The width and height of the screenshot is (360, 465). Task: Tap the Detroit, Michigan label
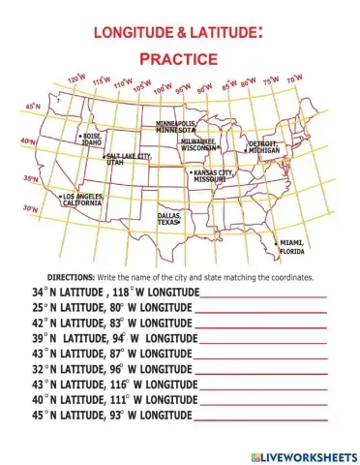(x=263, y=147)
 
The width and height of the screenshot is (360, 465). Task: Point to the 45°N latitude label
(x=32, y=106)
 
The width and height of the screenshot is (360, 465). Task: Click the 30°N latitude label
(x=30, y=208)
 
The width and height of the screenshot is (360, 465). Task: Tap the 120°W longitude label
(x=75, y=77)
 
